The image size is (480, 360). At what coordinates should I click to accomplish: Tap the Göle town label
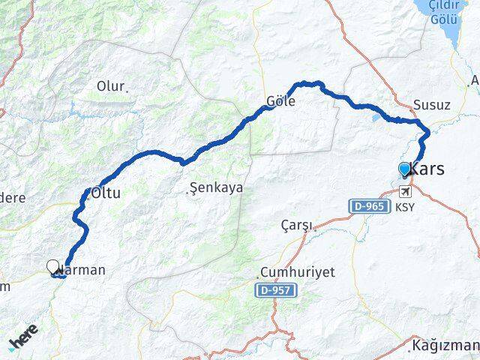(280, 101)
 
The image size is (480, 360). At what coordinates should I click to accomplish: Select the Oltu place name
(106, 193)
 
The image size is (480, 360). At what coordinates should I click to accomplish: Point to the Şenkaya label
(217, 188)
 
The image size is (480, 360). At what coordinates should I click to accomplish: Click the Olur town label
(112, 86)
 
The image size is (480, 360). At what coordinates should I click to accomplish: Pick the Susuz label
(432, 105)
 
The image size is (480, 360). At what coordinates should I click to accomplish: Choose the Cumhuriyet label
(297, 271)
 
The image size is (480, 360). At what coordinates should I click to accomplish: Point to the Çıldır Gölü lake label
(444, 12)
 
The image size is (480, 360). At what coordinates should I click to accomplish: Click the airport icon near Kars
(406, 190)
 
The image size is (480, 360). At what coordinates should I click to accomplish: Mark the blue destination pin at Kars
(405, 169)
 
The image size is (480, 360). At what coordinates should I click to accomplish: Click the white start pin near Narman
(52, 266)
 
